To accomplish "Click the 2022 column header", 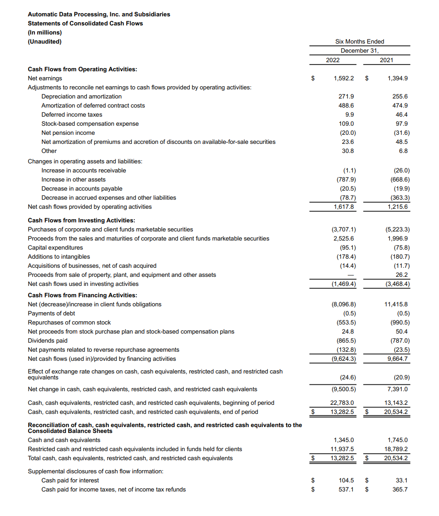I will point(332,60).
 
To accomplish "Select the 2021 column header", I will point(386,60).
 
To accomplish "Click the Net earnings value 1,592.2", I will point(344,78).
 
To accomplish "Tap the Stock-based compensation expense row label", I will point(90,123).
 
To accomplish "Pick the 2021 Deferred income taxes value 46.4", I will point(401,114).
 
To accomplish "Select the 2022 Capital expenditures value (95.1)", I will point(348,247).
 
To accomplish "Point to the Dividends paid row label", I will point(47,340).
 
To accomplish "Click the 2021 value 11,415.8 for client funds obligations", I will point(396,304).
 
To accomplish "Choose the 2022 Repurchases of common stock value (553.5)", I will point(346,322).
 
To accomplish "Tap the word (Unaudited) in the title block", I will point(44,41).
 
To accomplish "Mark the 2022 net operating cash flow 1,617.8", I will point(344,206).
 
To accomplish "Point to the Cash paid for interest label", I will point(70,480).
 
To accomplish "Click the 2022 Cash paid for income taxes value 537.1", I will point(346,489).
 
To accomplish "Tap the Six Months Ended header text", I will point(360,41).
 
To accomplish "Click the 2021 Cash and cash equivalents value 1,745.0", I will point(398,440).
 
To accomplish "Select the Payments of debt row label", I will point(51,313).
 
